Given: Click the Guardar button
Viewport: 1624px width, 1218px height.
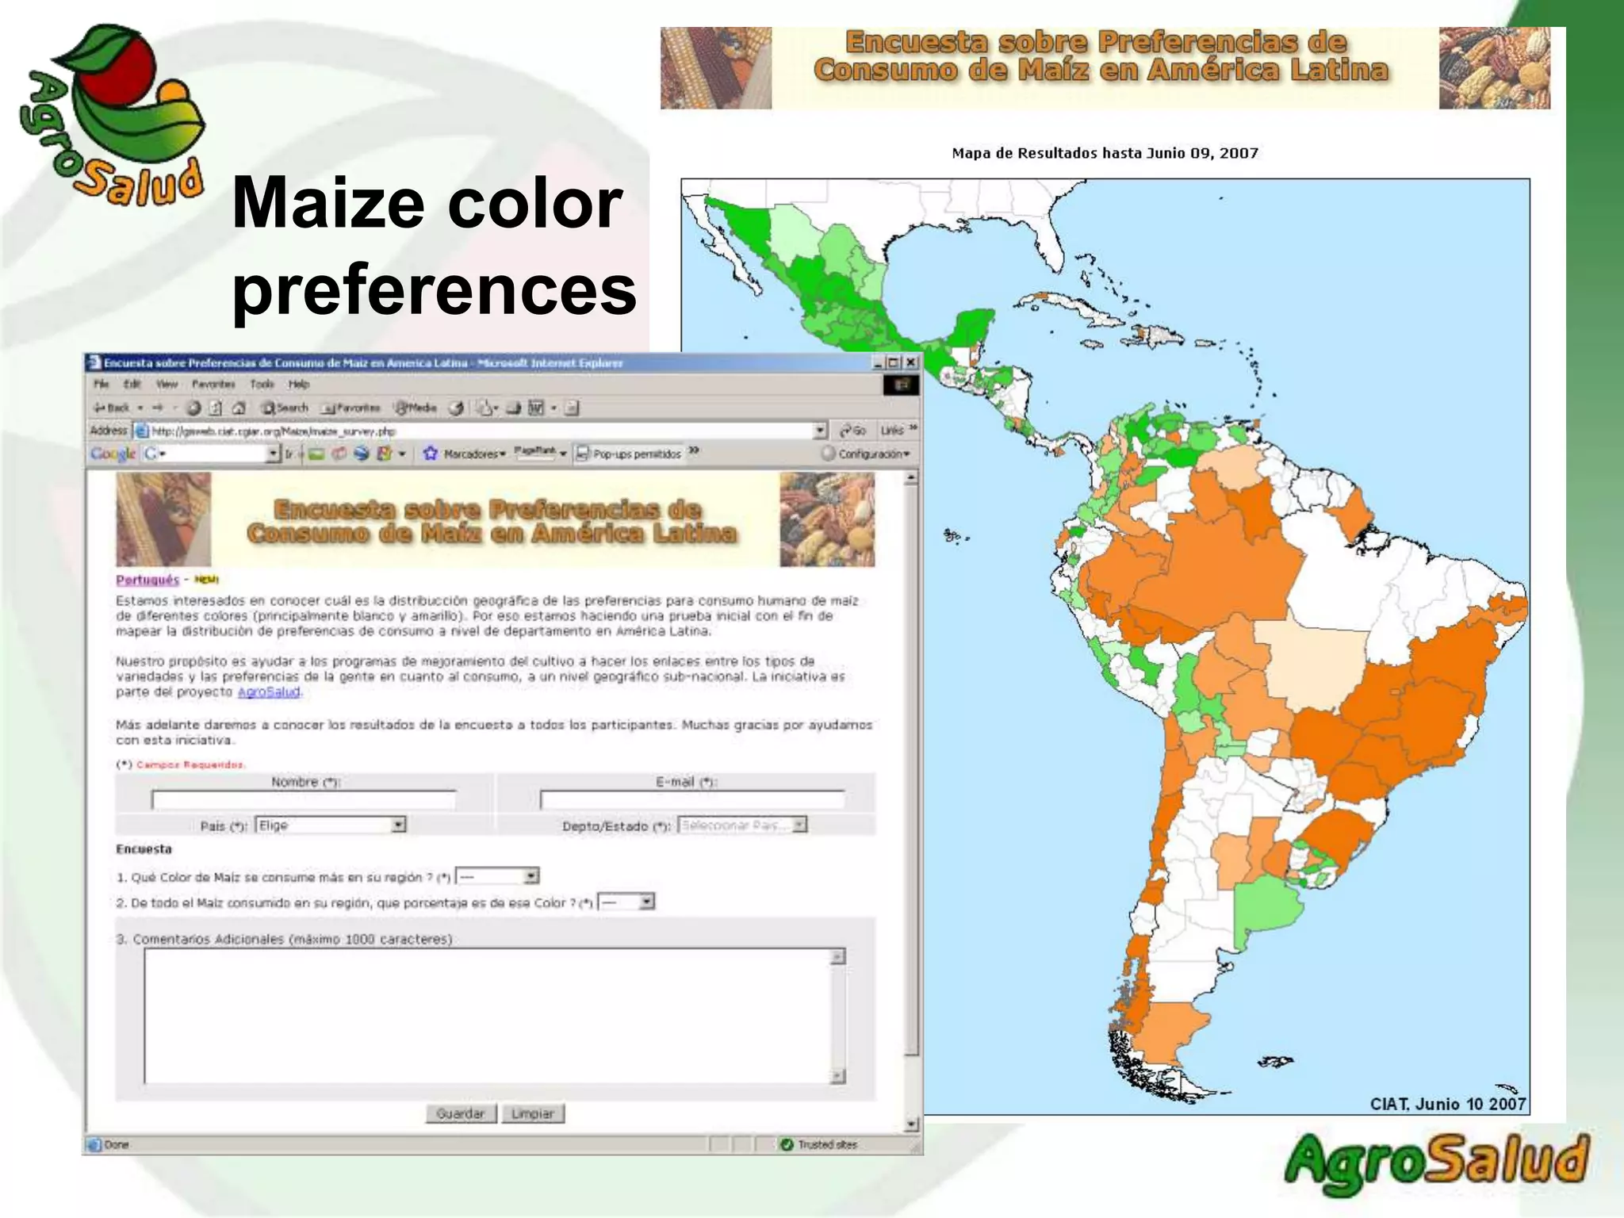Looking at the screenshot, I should pyautogui.click(x=460, y=1113).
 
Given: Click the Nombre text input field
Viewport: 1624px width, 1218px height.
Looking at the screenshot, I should pyautogui.click(x=304, y=799).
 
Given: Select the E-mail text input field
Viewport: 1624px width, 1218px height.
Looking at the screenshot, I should pyautogui.click(x=691, y=799).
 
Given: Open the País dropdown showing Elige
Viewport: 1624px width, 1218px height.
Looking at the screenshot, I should pyautogui.click(x=331, y=825).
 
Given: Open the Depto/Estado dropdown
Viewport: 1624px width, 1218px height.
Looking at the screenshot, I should pyautogui.click(x=742, y=825).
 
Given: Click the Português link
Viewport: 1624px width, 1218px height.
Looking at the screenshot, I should pyautogui.click(x=147, y=580).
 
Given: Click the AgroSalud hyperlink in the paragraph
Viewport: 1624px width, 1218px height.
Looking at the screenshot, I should pyautogui.click(x=269, y=692).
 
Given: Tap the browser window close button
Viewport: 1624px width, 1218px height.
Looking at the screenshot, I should pyautogui.click(x=911, y=362).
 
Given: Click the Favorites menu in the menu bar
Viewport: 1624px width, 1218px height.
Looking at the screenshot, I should pyautogui.click(x=213, y=385).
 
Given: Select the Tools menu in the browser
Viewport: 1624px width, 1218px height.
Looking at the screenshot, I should pyautogui.click(x=262, y=385).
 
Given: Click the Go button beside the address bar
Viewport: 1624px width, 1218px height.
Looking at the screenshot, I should pyautogui.click(x=853, y=431).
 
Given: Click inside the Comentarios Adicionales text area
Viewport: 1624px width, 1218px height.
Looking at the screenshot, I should pyautogui.click(x=488, y=1015).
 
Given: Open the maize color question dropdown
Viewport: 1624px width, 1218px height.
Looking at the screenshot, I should pyautogui.click(x=498, y=877).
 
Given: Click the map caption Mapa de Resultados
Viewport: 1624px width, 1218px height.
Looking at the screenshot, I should pyautogui.click(x=1105, y=153).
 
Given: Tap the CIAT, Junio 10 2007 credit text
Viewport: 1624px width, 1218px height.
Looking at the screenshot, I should pyautogui.click(x=1447, y=1104).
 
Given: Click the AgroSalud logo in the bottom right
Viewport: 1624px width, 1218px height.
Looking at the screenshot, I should pyautogui.click(x=1436, y=1163).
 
